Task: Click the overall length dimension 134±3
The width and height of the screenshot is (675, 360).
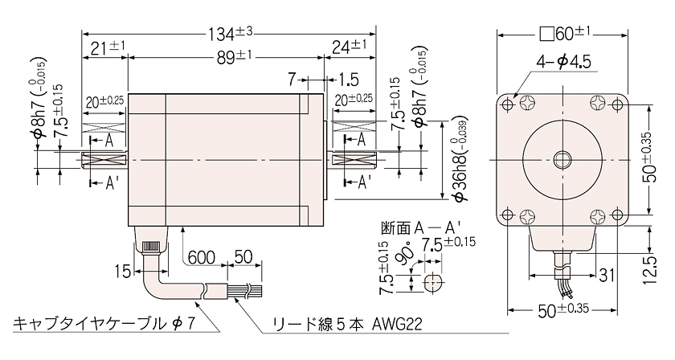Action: pos(231,34)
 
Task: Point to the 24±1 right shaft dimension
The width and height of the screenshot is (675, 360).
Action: pos(349,46)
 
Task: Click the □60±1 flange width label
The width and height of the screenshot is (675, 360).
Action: pos(564,34)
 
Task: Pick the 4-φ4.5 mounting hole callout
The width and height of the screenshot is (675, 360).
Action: pos(563,63)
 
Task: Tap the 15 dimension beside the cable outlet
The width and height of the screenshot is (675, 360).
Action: pos(123,272)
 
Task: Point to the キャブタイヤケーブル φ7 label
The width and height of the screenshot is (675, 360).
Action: pos(103,323)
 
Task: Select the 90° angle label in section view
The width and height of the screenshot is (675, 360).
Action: pos(407,259)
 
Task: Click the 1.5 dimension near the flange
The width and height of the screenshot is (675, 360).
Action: pos(349,80)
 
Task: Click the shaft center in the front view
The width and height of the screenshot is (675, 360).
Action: pos(562,160)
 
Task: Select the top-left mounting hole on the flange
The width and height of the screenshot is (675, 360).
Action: pos(508,104)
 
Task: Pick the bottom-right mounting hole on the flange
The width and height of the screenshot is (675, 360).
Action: pos(617,215)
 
